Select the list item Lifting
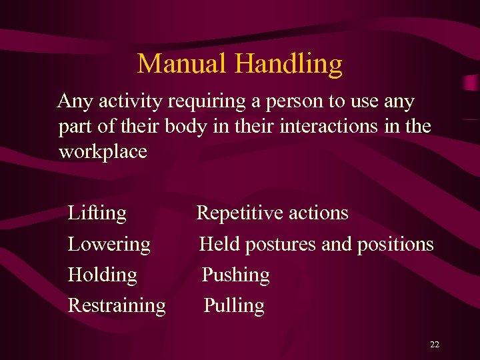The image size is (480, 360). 97,213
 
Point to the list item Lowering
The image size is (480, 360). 109,245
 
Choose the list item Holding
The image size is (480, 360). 103,275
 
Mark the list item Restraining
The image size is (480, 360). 117,305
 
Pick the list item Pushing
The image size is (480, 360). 235,275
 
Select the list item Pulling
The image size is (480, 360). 234,305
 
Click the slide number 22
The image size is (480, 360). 435,345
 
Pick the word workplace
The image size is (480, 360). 103,152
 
